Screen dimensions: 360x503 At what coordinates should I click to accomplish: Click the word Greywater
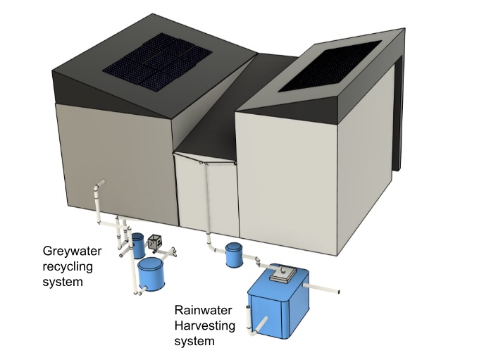click(x=73, y=250)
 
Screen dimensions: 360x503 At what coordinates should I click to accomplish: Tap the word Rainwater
click(x=203, y=309)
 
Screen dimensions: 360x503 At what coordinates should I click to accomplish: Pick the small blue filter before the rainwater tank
click(x=234, y=255)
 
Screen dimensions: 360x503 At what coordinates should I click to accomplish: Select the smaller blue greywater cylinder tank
click(x=137, y=244)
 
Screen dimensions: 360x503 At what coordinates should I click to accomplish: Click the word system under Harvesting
click(x=194, y=342)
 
